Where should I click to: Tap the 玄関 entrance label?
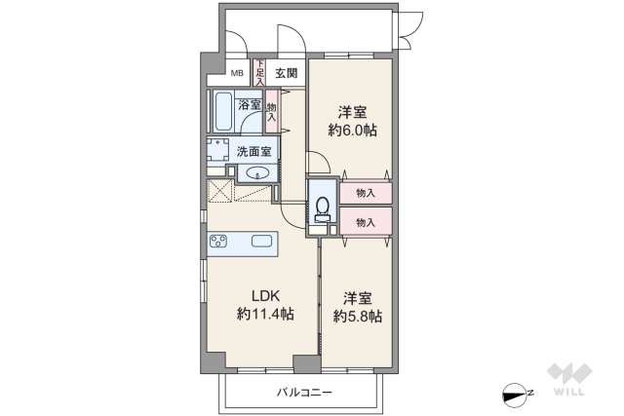point(287,73)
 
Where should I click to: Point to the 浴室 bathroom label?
point(250,104)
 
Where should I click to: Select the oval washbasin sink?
point(256,174)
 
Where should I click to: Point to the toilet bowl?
point(321,208)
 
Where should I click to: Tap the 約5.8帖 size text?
point(357,317)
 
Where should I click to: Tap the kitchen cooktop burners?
point(218,242)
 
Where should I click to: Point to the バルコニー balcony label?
point(303,392)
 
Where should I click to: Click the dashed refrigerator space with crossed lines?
point(221,191)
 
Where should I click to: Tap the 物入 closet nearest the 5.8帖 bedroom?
point(366,222)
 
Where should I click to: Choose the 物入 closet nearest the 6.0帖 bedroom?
point(366,193)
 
